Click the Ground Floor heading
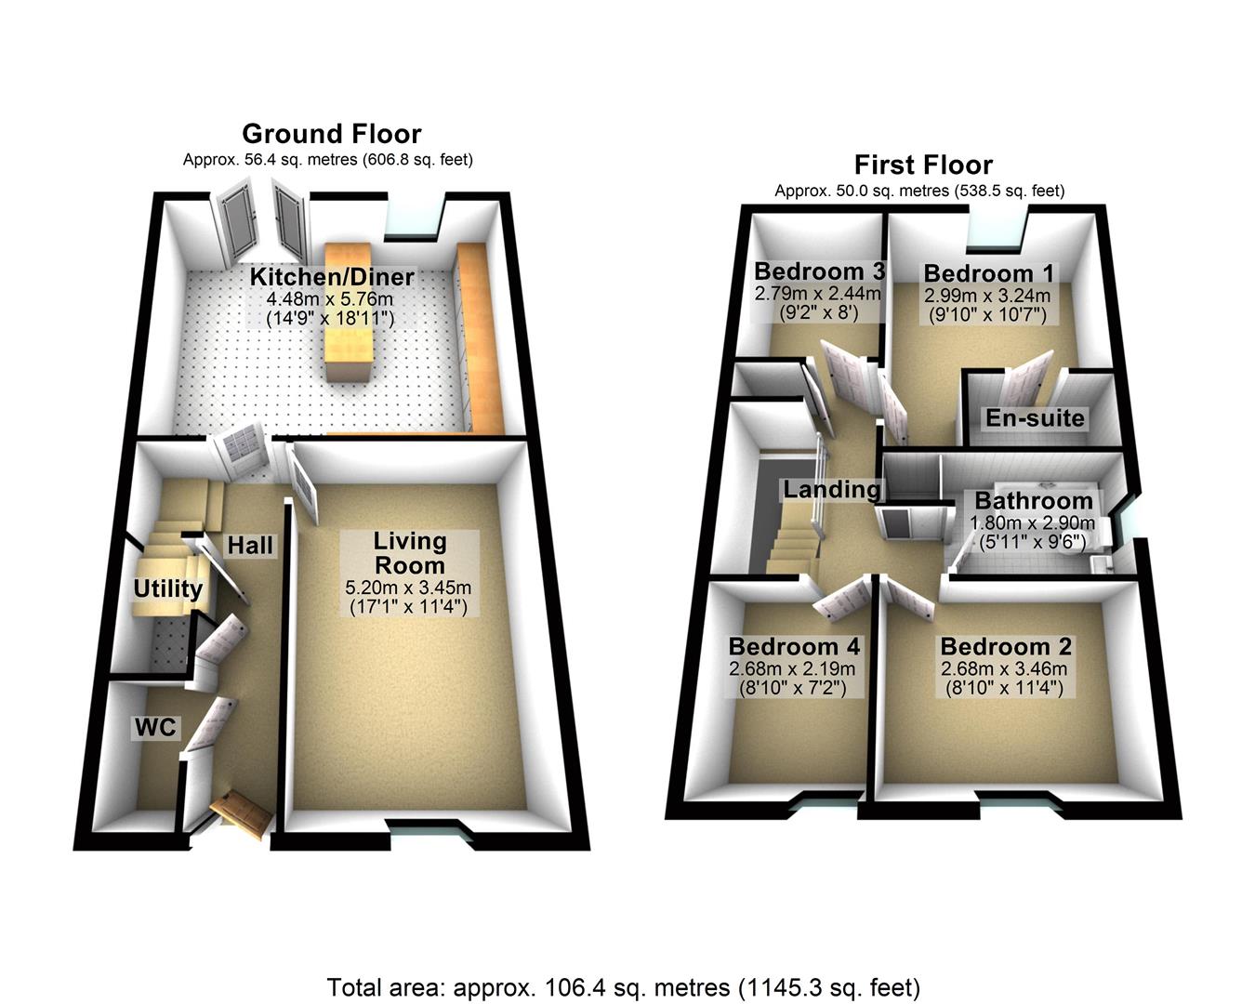pos(331,134)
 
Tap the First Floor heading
pos(923,165)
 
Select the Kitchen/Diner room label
pos(331,277)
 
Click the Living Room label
pos(410,553)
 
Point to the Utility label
pos(167,588)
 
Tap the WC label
pos(155,727)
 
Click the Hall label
pos(251,546)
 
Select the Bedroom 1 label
pos(989,273)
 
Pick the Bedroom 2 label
pos(1006,646)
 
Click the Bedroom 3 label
pos(819,271)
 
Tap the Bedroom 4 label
pos(794,646)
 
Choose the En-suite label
pos(1035,418)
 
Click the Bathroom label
pos(1033,502)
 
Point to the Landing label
pos(831,489)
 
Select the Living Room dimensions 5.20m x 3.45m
pos(409,588)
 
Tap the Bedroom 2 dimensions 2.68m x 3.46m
pos(1004,668)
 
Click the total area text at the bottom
pos(623,986)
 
